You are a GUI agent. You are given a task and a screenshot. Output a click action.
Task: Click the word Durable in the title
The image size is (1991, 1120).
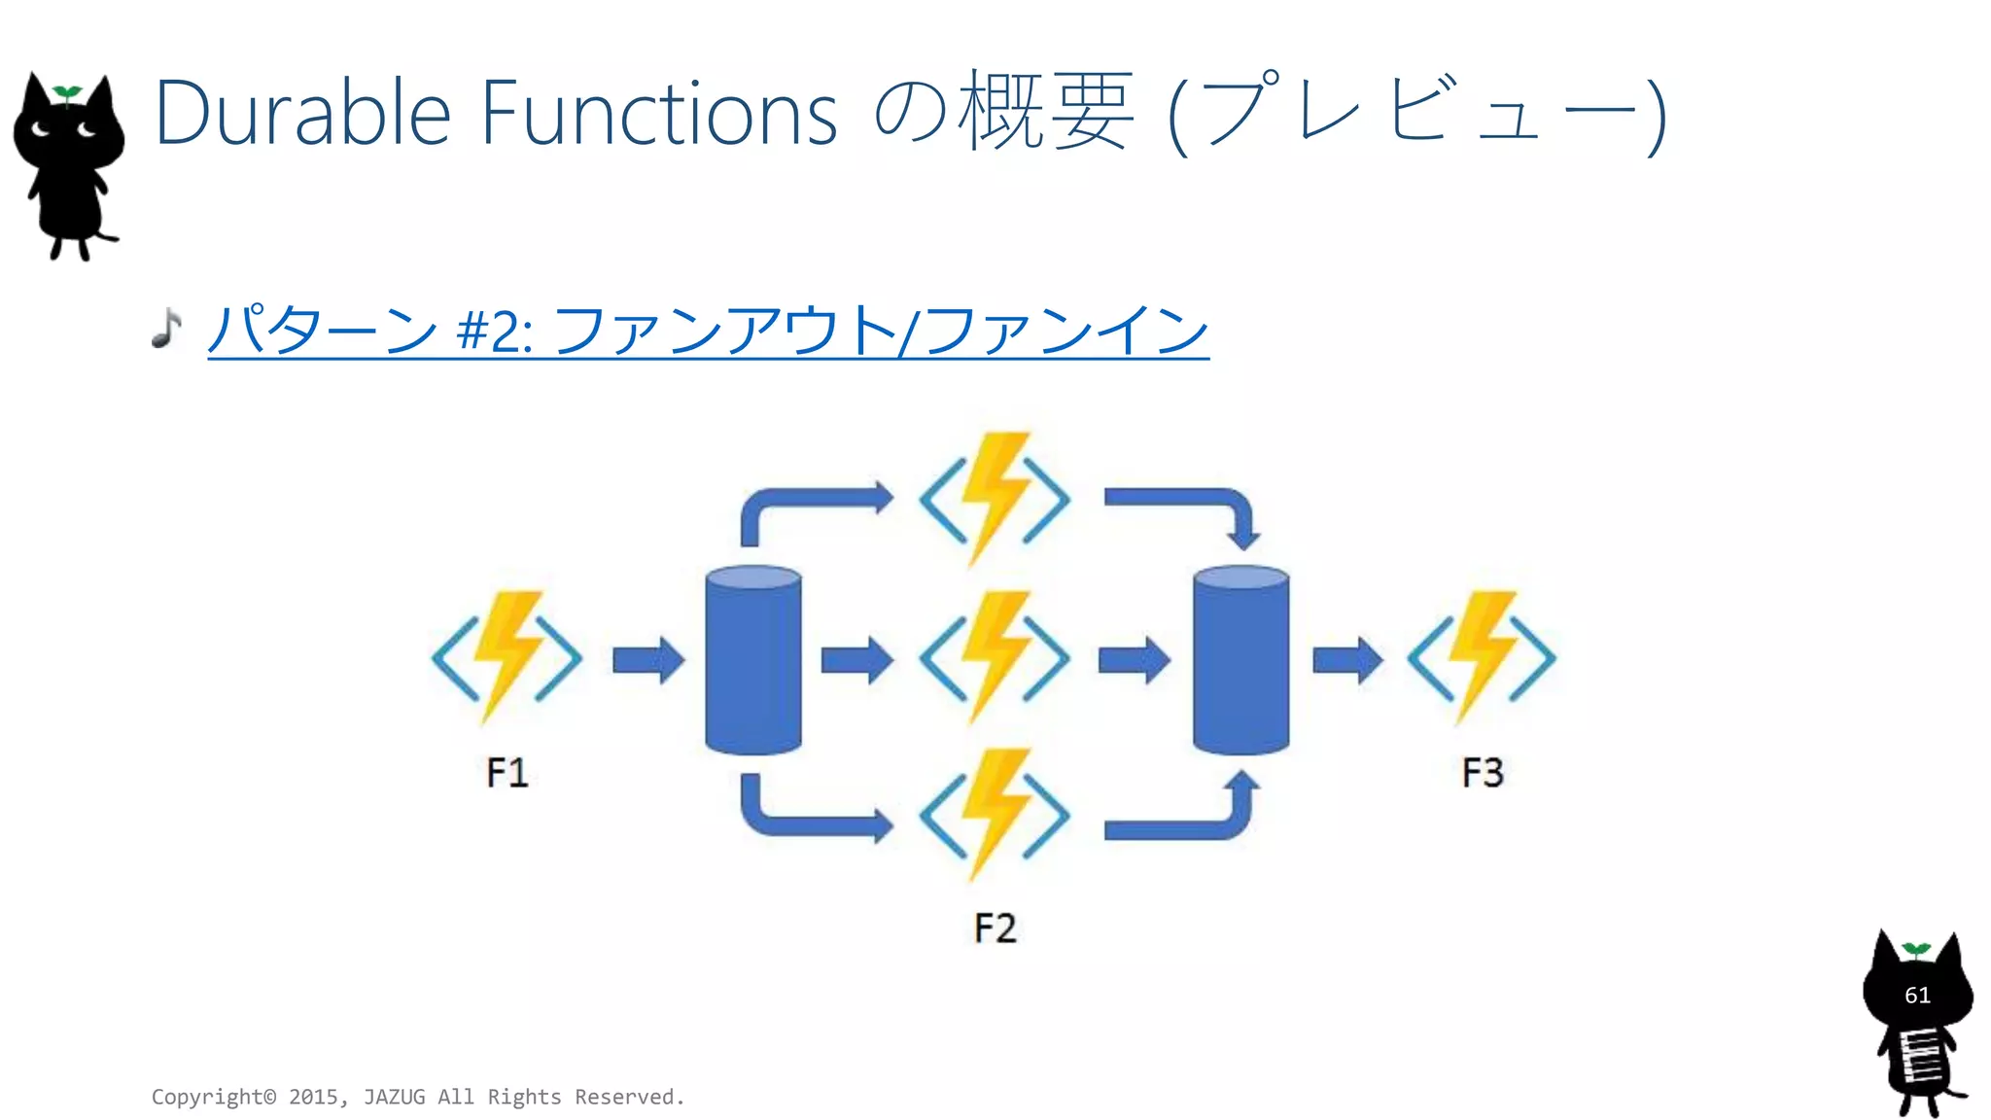302,114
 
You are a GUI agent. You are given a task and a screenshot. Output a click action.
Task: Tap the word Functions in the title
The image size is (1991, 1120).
658,114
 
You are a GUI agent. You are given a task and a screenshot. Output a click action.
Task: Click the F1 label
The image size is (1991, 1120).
506,773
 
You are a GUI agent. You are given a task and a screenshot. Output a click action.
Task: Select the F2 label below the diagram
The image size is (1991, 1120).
995,927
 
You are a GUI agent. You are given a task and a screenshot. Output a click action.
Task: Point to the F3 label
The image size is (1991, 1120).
1483,773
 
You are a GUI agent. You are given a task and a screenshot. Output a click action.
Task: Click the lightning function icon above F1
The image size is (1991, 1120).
506,656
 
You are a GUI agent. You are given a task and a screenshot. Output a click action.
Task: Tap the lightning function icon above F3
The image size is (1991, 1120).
1482,656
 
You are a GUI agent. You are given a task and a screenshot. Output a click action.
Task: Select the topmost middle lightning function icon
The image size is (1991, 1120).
995,499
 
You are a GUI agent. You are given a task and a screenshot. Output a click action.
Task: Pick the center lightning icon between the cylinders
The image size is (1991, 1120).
995,657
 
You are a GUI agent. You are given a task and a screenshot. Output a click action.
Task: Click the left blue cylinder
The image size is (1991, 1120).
753,660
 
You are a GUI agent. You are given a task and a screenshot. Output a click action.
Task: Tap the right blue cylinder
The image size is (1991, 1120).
1240,660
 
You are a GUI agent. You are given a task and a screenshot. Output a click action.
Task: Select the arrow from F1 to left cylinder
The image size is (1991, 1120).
648,660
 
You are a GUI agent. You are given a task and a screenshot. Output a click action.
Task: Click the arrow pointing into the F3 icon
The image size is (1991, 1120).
1347,660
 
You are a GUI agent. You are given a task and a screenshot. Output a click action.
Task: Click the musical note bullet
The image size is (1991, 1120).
167,328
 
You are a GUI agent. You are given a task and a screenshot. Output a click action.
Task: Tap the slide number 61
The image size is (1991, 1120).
1917,995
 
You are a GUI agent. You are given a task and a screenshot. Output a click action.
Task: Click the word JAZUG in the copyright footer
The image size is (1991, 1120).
394,1097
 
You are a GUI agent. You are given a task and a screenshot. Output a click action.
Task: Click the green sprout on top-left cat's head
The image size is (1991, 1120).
67,93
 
